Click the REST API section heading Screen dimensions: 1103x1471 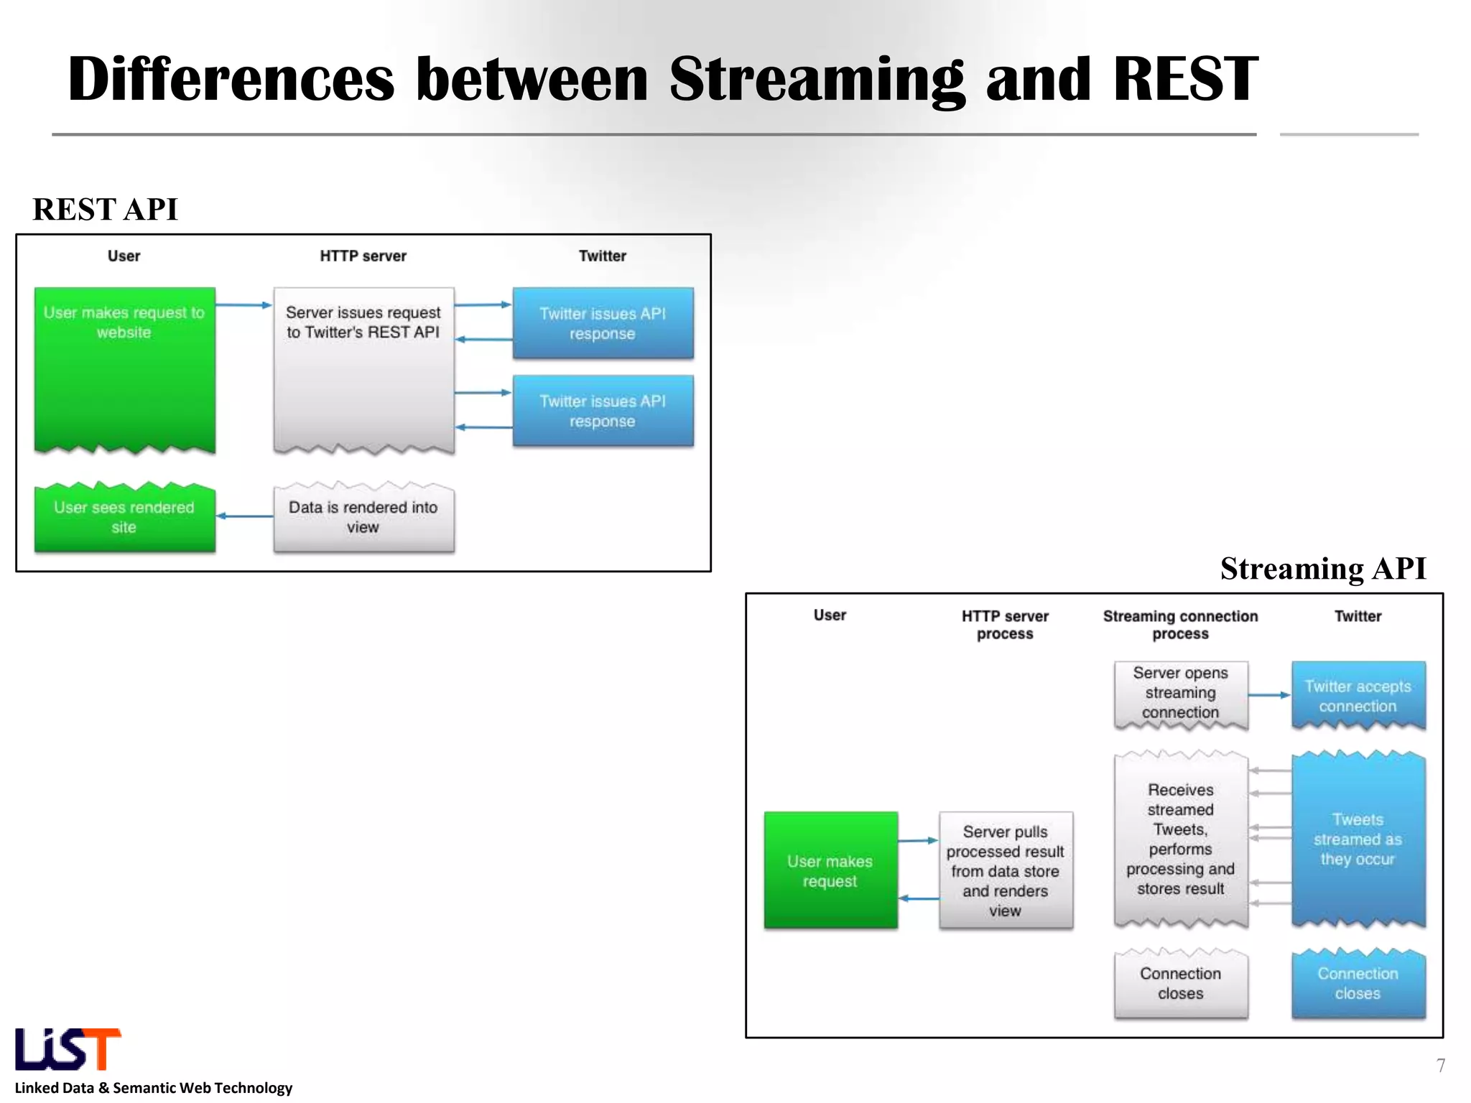(105, 210)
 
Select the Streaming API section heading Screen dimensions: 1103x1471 (1322, 569)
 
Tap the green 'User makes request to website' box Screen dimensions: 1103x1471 (124, 369)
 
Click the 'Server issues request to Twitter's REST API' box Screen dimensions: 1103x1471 (363, 369)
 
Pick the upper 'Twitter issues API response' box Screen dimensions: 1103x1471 (603, 323)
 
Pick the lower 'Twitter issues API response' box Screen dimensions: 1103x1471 (603, 411)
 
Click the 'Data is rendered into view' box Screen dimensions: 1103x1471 (363, 517)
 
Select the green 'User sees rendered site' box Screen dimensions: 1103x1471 (124, 517)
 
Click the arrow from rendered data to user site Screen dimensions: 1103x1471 (244, 516)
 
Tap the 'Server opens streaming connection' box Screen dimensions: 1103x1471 (1180, 694)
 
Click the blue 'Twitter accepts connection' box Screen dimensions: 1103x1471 (1358, 695)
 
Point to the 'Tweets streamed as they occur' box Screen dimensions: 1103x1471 (1358, 839)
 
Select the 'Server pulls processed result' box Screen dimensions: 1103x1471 (1005, 870)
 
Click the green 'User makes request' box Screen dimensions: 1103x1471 (830, 870)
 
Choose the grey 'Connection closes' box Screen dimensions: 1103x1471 (1180, 984)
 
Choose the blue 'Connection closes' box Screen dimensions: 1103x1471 (1358, 984)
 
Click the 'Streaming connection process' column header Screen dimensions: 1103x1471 (1180, 625)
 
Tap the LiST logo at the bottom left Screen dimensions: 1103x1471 (68, 1049)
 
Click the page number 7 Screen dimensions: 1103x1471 (1440, 1065)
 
